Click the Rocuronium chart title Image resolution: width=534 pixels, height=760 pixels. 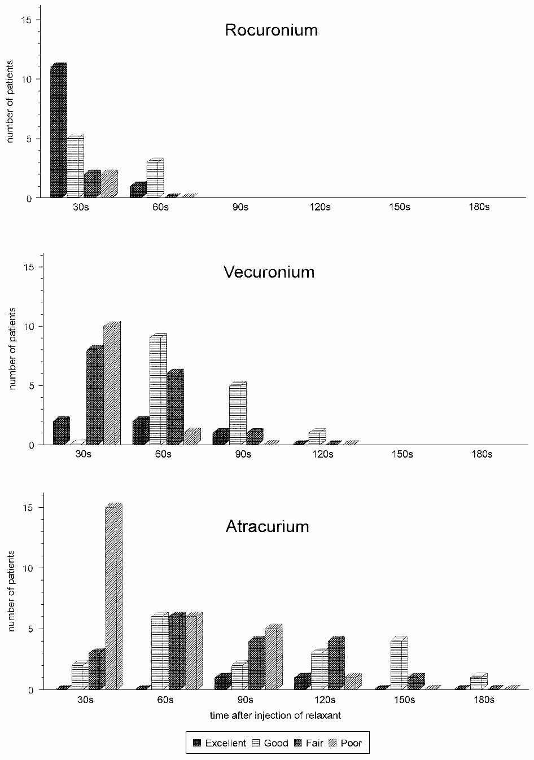271,30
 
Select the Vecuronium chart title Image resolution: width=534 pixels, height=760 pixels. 269,272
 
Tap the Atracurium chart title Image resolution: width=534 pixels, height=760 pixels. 267,526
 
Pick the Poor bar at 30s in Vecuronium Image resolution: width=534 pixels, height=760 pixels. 112,384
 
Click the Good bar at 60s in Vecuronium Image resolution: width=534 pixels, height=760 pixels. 158,390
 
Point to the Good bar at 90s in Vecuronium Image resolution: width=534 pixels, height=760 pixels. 238,414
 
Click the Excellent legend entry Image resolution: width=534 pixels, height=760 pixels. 220,743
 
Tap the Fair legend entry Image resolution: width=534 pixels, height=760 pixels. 309,743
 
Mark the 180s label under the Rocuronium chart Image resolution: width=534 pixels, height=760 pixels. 479,207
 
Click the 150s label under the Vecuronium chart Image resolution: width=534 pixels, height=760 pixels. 402,454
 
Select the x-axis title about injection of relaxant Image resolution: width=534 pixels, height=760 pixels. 275,715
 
